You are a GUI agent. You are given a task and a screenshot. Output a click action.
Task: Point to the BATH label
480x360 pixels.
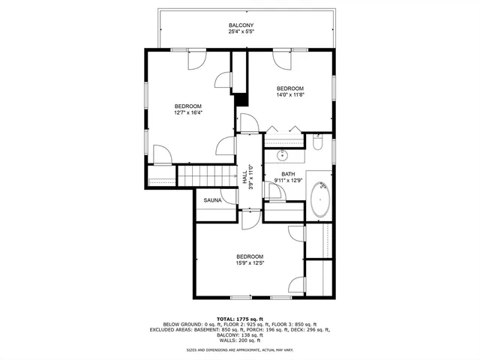[288, 173]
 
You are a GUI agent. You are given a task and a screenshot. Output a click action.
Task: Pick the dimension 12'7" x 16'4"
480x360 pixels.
[190, 112]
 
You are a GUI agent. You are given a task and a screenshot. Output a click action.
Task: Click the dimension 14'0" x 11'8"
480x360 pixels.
[289, 94]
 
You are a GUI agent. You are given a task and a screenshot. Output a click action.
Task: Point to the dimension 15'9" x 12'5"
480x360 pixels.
[250, 262]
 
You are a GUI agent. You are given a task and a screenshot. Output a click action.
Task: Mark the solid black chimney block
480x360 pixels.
[241, 99]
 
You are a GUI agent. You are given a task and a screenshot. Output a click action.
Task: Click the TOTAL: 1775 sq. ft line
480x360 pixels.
[240, 318]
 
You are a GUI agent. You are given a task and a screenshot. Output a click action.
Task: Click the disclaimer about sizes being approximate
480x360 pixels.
[240, 349]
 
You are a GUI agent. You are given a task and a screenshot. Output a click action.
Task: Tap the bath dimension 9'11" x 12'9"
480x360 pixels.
[288, 180]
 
